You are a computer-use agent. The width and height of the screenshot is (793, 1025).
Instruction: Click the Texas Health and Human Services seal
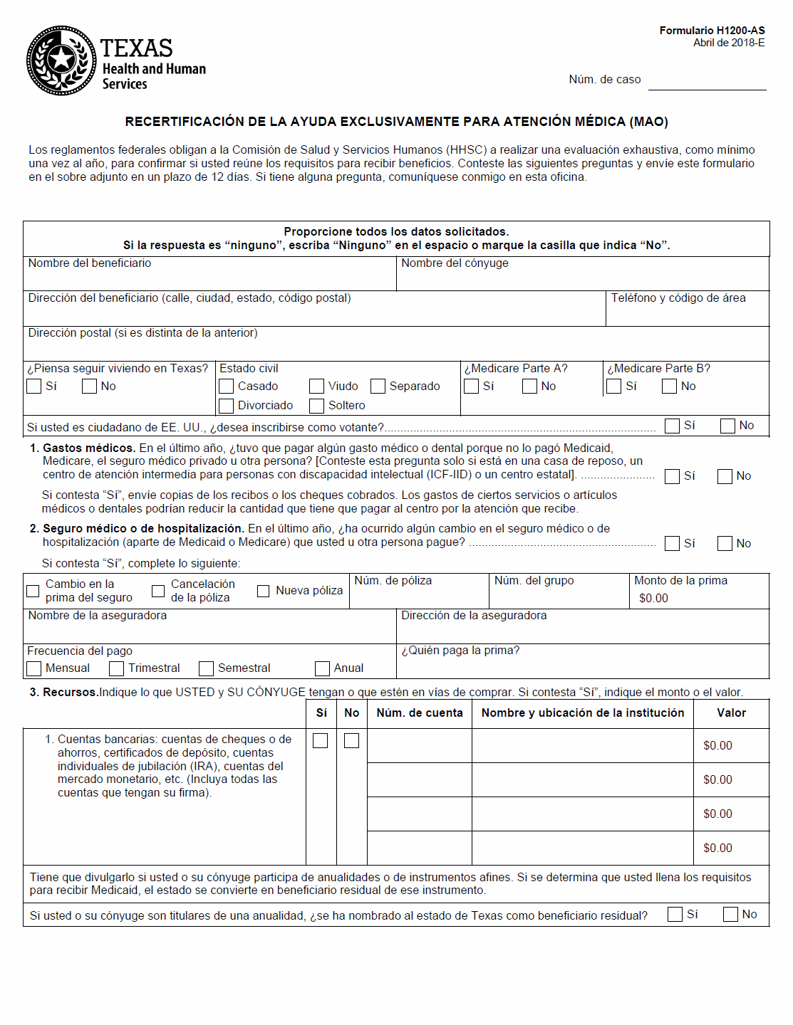coord(61,61)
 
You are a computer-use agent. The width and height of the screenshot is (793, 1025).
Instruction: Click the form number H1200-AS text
coord(712,31)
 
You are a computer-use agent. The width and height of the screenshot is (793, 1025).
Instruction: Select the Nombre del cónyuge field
coord(582,278)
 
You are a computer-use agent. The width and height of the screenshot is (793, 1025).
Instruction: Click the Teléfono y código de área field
coord(687,312)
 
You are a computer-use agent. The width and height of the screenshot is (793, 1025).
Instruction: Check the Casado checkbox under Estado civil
coord(227,387)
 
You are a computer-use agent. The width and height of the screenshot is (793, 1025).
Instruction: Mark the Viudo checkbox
coord(317,387)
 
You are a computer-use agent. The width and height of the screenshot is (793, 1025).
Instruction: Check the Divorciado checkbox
coord(227,406)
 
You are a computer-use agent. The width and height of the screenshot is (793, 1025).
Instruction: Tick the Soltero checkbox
coord(317,406)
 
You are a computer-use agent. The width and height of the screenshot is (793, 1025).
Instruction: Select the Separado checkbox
coord(378,387)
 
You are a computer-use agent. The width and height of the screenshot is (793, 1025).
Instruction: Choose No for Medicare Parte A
coord(530,387)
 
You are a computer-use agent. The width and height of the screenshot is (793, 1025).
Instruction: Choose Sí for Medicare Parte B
coord(614,387)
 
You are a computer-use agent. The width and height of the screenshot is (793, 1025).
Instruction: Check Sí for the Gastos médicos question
coord(672,476)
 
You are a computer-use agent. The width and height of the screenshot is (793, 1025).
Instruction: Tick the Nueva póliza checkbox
coord(264,591)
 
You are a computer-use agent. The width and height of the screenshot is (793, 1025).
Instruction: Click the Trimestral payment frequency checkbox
coord(117,668)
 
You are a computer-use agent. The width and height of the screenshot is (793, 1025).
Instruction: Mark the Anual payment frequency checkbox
coord(323,668)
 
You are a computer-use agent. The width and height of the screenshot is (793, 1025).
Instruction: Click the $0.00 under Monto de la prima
coord(653,599)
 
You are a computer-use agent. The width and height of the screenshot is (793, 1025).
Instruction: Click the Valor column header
coord(731,713)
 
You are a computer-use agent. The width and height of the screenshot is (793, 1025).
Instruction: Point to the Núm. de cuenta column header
coord(420,713)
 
